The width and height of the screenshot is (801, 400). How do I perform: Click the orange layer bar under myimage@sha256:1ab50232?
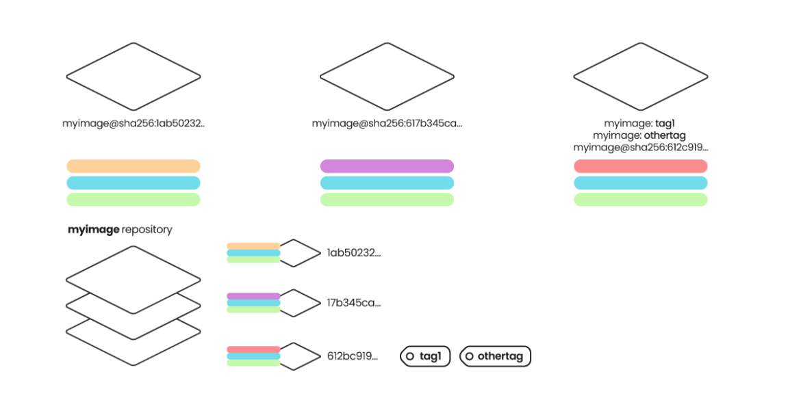133,166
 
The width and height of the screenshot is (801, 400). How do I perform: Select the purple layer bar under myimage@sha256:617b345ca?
387,166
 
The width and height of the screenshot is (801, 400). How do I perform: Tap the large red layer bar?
640,166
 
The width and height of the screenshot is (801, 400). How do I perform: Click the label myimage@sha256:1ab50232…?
133,124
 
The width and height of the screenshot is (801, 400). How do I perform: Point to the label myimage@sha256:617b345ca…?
387,124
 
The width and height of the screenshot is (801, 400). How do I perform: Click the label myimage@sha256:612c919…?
640,147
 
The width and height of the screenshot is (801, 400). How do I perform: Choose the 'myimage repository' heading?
120,230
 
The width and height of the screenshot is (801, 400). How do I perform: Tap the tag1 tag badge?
425,356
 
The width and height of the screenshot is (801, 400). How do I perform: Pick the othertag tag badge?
495,356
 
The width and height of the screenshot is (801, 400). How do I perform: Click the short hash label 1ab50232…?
353,253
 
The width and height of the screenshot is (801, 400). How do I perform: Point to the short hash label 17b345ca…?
353,303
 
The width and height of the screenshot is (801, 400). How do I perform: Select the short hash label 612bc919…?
353,356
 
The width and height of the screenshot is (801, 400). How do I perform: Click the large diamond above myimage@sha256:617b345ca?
387,76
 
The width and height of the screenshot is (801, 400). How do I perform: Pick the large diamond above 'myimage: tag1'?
640,76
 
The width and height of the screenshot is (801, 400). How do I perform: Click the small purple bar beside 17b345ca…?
253,296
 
